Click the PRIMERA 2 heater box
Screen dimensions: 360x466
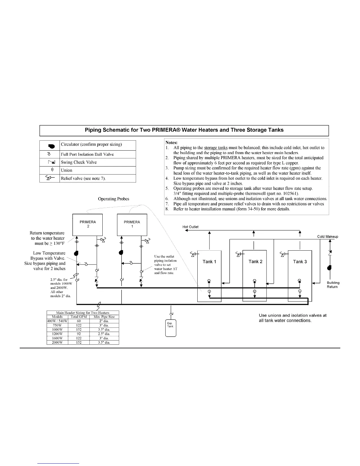point(88,224)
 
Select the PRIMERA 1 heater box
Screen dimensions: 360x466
point(132,224)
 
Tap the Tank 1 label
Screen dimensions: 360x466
point(209,262)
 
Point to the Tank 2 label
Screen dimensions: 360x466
point(255,261)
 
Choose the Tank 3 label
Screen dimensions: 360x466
point(300,262)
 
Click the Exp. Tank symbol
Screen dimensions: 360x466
point(170,328)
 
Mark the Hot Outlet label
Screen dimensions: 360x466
point(191,227)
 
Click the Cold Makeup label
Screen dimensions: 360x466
point(328,237)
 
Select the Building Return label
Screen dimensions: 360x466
point(333,285)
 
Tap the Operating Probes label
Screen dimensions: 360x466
point(114,199)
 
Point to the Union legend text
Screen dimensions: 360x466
point(66,170)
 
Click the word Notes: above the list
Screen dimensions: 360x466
point(171,142)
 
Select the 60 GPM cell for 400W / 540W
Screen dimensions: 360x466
point(79,321)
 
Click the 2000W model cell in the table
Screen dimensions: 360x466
point(57,342)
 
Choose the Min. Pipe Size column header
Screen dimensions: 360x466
point(104,317)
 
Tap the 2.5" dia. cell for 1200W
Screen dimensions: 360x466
point(104,334)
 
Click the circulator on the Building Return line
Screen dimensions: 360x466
point(329,268)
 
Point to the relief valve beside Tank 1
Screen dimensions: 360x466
point(194,254)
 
